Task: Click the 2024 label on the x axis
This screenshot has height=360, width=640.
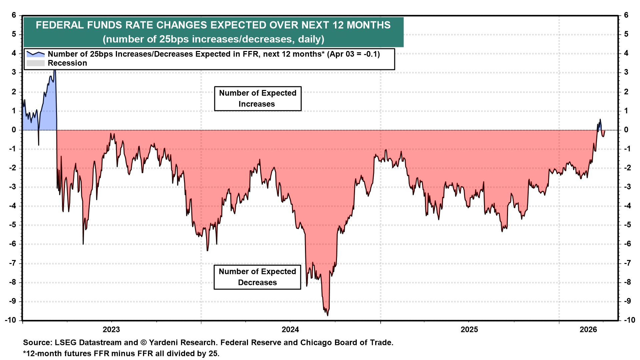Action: point(290,330)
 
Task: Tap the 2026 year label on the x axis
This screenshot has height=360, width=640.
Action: point(588,330)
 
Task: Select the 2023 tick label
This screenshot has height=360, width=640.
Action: point(111,330)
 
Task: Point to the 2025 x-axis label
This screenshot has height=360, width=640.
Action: point(469,330)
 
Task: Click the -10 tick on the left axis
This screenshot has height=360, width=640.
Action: point(10,320)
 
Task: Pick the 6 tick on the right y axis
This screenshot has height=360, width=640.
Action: point(626,15)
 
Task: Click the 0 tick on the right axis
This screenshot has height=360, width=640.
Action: point(626,130)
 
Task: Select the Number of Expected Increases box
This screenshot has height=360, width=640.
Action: point(258,99)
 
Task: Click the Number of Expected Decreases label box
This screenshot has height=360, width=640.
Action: point(257,277)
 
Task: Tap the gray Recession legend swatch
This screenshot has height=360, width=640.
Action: point(35,63)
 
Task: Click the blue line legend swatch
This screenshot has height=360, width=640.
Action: point(35,54)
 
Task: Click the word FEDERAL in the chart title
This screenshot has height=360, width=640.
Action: point(60,25)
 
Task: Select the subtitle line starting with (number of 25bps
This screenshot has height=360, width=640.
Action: point(213,39)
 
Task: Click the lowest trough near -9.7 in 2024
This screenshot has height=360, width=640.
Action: point(327,315)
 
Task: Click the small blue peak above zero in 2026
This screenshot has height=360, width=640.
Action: point(600,120)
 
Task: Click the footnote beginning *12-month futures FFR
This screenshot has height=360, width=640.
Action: point(121,353)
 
